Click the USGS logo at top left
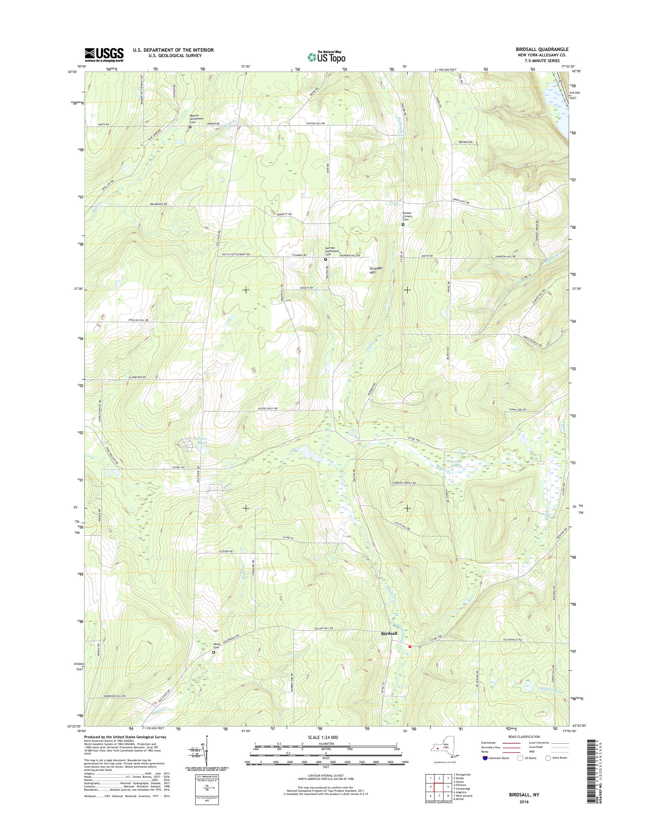pos(104,55)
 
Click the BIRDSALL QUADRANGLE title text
pos(536,49)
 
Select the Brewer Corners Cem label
pos(408,216)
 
